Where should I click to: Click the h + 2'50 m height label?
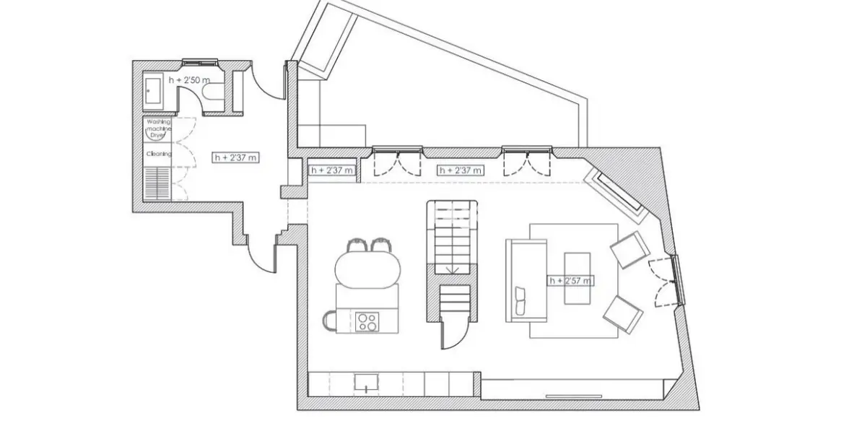[189, 79]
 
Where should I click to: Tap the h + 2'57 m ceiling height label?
[570, 280]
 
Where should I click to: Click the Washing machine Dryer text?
[157, 129]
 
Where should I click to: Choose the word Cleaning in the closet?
[158, 154]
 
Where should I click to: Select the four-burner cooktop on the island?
[367, 321]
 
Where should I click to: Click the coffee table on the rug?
[577, 279]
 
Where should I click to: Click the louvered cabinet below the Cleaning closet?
[157, 183]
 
